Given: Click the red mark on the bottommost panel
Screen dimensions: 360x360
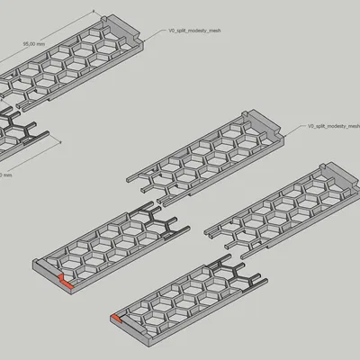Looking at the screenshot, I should point(117,318).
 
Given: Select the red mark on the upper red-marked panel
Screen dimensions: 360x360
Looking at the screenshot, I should point(65,282).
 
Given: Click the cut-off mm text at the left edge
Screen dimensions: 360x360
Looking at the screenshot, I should point(4,175).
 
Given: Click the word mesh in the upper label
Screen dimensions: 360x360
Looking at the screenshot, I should point(212,31).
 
